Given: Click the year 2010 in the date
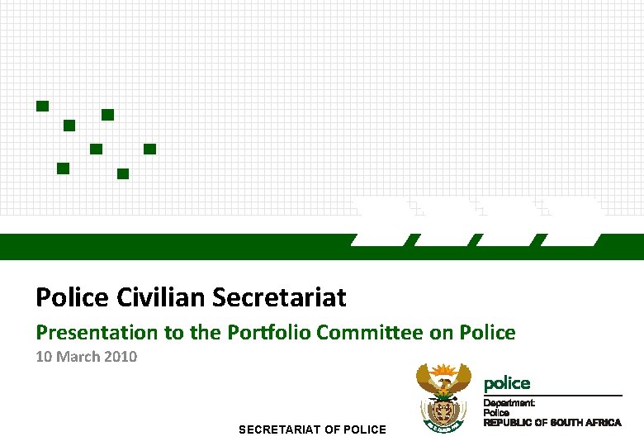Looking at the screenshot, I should coord(121,357).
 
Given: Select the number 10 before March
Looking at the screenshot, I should coord(44,357).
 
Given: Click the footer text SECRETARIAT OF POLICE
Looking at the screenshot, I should coord(312,429).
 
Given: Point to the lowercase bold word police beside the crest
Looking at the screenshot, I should coord(507,383).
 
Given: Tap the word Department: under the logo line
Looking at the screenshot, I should coord(509,403).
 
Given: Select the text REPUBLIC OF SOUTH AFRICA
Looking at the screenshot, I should coord(552,423).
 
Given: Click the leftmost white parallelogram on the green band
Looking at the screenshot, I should coord(382,223).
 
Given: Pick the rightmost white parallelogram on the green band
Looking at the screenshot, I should coord(572,223).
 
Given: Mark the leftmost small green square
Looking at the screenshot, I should coord(42,106).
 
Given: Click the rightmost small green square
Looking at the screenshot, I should coord(149,149).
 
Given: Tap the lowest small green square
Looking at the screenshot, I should coord(123,173).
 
